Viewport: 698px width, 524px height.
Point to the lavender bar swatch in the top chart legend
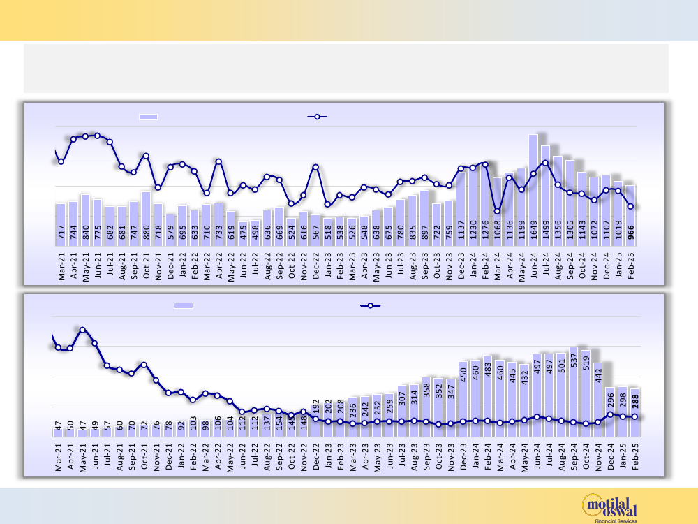click(x=149, y=117)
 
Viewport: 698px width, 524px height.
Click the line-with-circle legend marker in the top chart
click(x=318, y=117)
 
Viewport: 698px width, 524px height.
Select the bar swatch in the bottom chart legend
click(x=184, y=305)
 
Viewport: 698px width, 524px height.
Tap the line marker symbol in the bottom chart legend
click(x=370, y=305)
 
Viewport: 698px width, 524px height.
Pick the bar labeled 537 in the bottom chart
click(x=574, y=391)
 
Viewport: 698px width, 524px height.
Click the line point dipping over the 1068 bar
click(x=497, y=210)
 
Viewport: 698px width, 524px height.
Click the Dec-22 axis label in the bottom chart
click(x=315, y=458)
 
